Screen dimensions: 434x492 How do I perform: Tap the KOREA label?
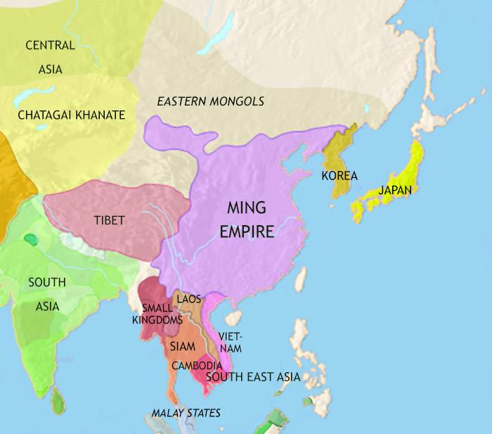pyautogui.click(x=339, y=176)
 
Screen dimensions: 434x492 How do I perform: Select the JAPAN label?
pyautogui.click(x=394, y=189)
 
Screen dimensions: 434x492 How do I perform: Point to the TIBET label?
pyautogui.click(x=109, y=220)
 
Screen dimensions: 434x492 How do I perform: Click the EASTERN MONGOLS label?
pyautogui.click(x=211, y=102)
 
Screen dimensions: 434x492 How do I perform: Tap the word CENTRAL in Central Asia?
pyautogui.click(x=50, y=46)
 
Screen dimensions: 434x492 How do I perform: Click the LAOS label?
pyautogui.click(x=189, y=299)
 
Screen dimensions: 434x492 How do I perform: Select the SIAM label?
pyautogui.click(x=181, y=346)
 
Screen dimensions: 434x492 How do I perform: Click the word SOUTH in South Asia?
pyautogui.click(x=47, y=283)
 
